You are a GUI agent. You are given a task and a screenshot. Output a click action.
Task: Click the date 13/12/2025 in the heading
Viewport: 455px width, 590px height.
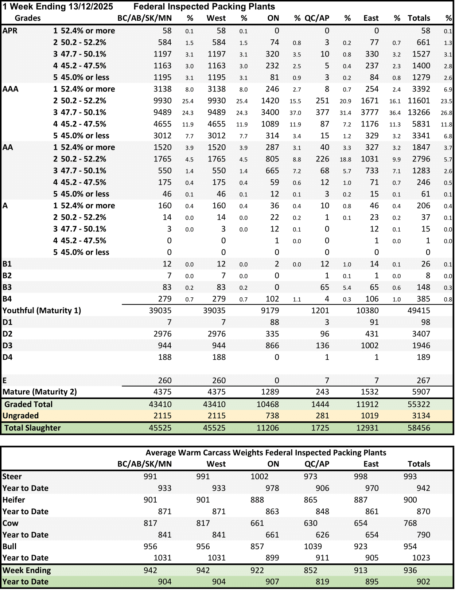click(x=90, y=7)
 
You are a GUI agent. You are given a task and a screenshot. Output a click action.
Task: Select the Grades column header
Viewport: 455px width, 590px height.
click(x=28, y=18)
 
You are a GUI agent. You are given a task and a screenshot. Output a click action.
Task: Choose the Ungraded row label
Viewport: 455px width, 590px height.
click(x=20, y=416)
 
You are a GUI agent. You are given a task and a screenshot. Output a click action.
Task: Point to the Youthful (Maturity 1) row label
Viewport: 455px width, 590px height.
click(x=42, y=310)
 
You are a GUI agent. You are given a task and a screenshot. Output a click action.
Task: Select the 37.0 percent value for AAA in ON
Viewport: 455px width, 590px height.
click(x=295, y=113)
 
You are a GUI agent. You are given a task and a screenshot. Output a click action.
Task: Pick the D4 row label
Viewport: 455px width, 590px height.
click(x=7, y=357)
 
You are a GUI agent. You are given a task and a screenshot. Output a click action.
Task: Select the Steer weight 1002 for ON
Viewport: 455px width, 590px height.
click(x=259, y=477)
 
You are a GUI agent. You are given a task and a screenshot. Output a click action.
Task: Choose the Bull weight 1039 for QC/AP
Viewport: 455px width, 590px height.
click(x=313, y=547)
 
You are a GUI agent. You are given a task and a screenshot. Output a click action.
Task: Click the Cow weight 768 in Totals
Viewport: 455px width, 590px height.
click(x=410, y=523)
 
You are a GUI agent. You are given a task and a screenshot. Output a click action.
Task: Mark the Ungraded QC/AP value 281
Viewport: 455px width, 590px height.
click(x=322, y=416)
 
